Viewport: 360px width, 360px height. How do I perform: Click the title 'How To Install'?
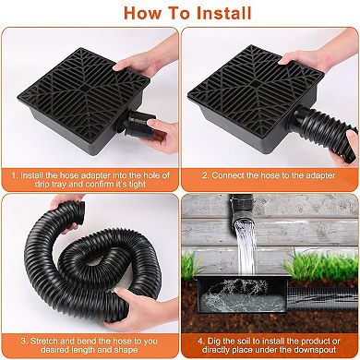tap(180, 13)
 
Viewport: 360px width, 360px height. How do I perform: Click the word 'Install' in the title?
tap(222, 13)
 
